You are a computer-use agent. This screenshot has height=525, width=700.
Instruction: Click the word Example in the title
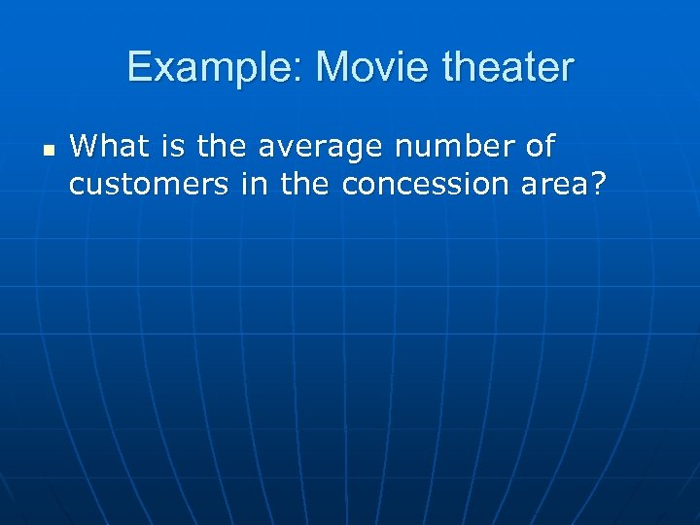click(214, 68)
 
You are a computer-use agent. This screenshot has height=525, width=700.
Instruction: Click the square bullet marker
click(48, 151)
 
